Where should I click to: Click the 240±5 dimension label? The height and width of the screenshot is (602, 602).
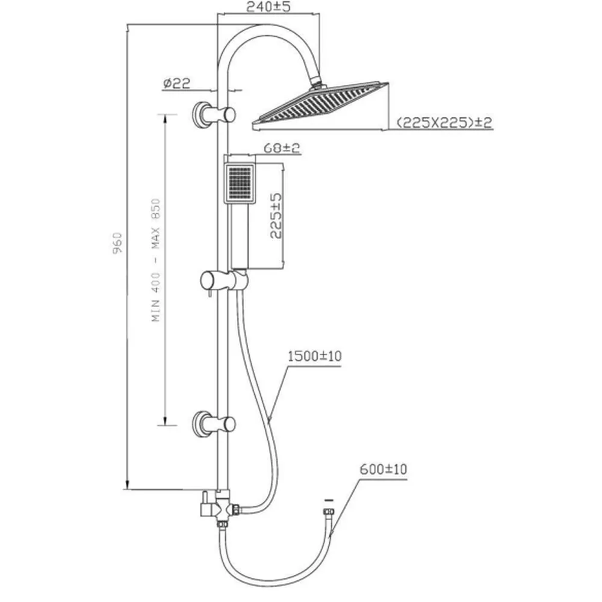pos(268,7)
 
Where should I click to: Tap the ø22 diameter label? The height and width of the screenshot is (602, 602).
pos(176,83)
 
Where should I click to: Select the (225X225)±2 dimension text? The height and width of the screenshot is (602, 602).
pos(444,122)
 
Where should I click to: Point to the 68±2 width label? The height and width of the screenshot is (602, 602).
pos(281,148)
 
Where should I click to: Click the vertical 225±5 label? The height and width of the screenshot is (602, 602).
pos(276,216)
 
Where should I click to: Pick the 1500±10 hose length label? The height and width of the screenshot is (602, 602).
pos(314,356)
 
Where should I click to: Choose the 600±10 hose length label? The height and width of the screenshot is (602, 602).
pos(383,469)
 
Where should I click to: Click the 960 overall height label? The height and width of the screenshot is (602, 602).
pos(117,243)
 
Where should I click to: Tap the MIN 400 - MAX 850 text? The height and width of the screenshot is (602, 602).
pos(156,260)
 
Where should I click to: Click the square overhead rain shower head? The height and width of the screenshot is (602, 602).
pos(320,105)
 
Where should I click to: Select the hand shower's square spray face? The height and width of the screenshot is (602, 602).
pos(240,183)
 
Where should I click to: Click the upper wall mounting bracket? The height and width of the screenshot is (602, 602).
pos(213,114)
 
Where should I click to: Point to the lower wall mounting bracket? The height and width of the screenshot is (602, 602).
pos(213,424)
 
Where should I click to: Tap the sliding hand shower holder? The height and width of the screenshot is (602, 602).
pos(224,281)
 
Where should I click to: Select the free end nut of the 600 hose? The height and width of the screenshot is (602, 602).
pos(329,512)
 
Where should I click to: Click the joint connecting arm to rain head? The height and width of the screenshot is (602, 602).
pos(317,84)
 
